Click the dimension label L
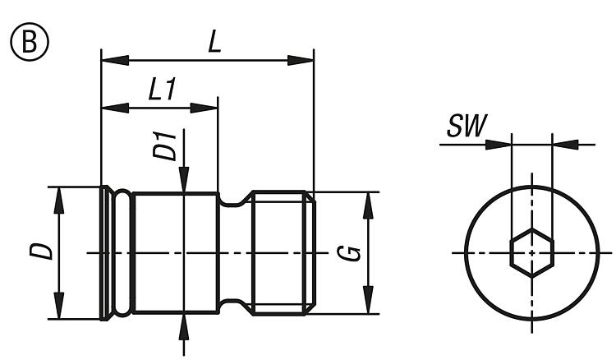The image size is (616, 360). pos(214,42)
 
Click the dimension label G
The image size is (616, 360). pos(352,252)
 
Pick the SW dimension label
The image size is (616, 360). pos(467,127)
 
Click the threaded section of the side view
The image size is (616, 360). pos(282,252)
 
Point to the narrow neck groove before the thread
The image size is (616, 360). pos(235,252)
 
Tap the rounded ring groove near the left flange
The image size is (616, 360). pos(122,252)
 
